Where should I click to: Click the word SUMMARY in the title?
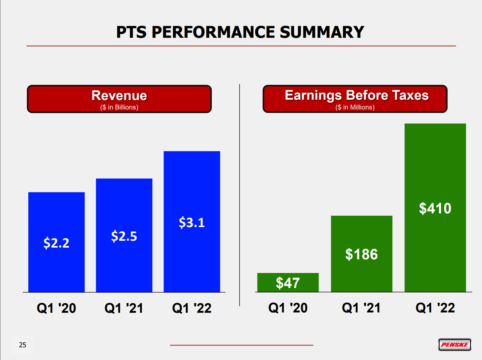pos(322,32)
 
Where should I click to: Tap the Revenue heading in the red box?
pos(119,95)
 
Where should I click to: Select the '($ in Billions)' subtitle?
pos(119,107)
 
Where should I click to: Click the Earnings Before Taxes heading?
pos(357,95)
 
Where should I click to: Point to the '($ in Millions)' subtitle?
pos(355,107)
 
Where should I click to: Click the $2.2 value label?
pos(56,243)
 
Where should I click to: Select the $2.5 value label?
pos(124,236)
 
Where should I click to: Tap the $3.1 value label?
pos(192,223)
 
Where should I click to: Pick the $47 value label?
pos(288,283)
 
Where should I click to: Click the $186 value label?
pos(361,254)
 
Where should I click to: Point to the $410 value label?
pos(435,209)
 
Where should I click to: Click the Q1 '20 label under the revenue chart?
pos(56,308)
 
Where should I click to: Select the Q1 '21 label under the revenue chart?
pos(124,308)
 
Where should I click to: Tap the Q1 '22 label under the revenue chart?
pos(192,308)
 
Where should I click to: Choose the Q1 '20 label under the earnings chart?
pos(288,308)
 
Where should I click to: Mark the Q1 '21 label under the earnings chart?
pos(361,308)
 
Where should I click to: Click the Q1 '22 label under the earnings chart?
pos(435,308)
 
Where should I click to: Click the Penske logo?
pos(455,345)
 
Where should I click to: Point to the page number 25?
pos(22,345)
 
